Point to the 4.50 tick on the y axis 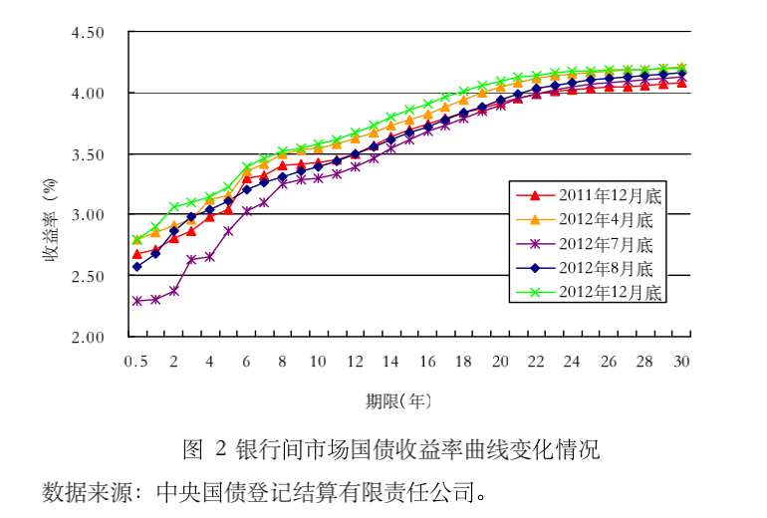tap(88, 33)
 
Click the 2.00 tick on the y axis tap(88, 337)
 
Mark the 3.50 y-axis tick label tap(88, 154)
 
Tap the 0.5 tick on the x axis tap(135, 361)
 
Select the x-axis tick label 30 tap(682, 361)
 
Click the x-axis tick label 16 tap(427, 361)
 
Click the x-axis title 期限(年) tap(398, 401)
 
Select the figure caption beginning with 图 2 tap(391, 449)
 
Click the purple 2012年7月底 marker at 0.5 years tap(137, 300)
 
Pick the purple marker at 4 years tap(210, 256)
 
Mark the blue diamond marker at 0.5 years tap(137, 267)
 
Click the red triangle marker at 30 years tap(682, 83)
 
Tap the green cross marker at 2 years tap(174, 207)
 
